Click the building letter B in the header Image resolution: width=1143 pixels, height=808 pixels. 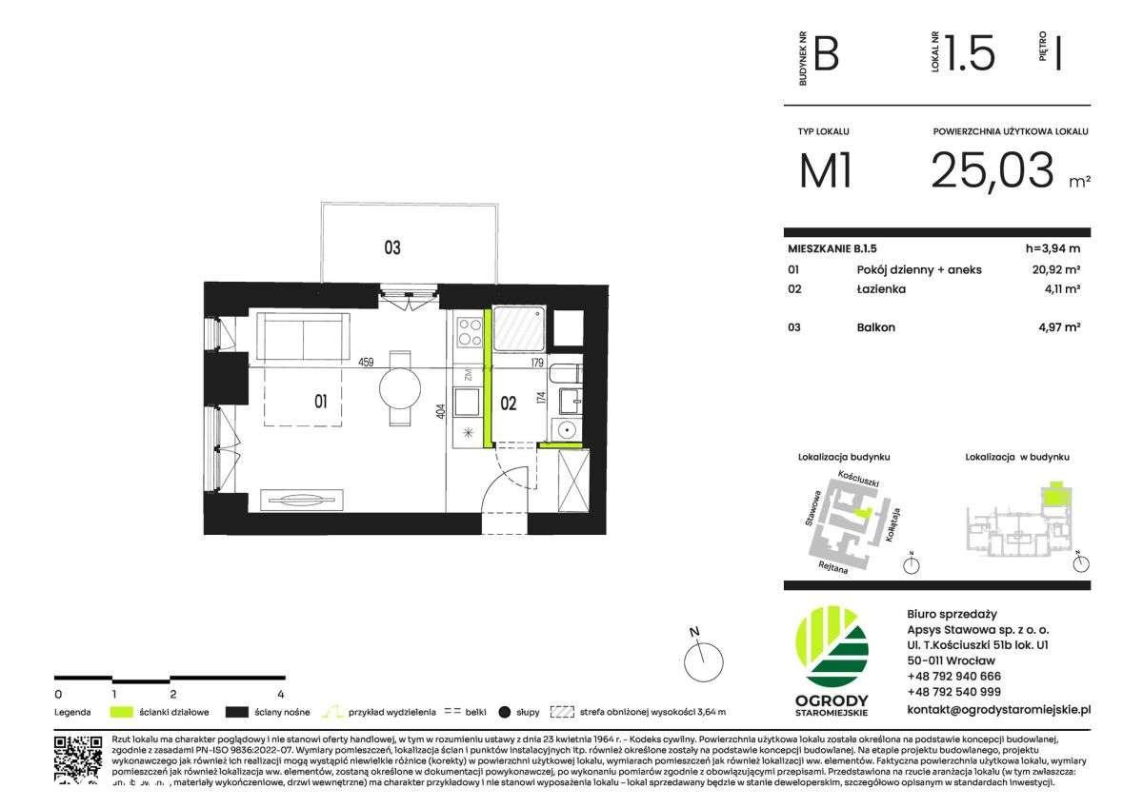click(826, 54)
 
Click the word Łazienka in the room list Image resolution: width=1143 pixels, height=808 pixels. click(881, 288)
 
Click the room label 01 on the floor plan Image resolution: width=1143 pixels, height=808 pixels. click(321, 402)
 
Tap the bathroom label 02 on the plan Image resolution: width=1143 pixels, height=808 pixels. click(509, 404)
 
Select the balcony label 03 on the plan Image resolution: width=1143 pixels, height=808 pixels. click(391, 248)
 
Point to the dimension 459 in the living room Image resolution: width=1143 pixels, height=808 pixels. click(365, 362)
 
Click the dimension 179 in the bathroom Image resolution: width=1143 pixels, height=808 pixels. click(537, 362)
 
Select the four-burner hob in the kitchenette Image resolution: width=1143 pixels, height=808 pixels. click(469, 331)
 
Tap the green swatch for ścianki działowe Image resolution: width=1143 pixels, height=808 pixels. click(121, 711)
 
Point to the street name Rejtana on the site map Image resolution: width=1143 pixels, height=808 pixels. click(833, 565)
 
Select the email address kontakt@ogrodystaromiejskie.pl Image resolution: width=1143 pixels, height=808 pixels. click(998, 709)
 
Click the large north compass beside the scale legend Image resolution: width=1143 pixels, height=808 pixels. click(704, 658)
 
